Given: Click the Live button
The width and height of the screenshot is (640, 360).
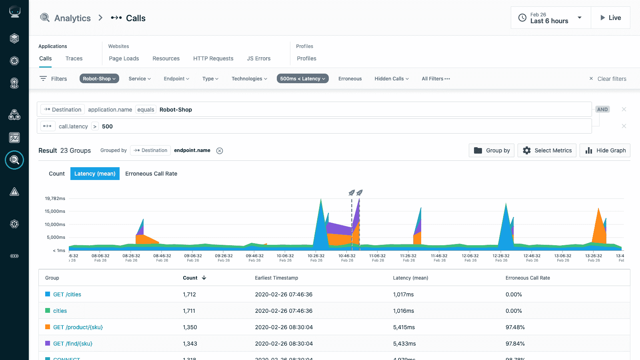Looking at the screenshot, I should tap(610, 18).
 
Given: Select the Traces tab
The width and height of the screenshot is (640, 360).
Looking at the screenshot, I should tap(74, 58).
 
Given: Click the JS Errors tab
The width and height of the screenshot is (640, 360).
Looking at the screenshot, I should tap(258, 58).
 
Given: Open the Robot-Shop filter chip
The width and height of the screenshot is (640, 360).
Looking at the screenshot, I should tap(99, 79).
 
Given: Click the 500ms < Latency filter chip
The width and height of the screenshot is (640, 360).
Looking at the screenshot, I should tap(302, 79).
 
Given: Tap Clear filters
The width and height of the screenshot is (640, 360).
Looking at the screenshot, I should tap(608, 79).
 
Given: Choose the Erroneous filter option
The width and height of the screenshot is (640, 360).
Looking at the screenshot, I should tap(350, 79).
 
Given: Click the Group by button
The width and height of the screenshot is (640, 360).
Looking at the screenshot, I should tap(492, 150).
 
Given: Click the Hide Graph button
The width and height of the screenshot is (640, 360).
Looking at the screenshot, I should tap(605, 150).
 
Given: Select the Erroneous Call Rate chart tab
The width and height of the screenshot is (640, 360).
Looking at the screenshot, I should tap(151, 174).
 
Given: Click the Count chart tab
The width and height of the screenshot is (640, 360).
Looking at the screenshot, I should tap(56, 174).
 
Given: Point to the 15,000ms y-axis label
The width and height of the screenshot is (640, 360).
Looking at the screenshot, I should tap(55, 211).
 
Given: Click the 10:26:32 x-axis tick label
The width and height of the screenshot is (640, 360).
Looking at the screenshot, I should tap(316, 256).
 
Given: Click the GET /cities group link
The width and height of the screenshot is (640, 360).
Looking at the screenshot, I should tap(67, 294).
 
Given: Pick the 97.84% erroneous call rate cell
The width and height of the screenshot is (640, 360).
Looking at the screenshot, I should tap(515, 344).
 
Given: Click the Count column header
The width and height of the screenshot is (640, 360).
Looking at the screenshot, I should tap(191, 278).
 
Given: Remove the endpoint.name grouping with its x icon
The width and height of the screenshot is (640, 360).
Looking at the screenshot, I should tap(220, 151).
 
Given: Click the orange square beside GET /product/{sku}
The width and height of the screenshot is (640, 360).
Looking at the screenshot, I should tap(48, 327).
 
